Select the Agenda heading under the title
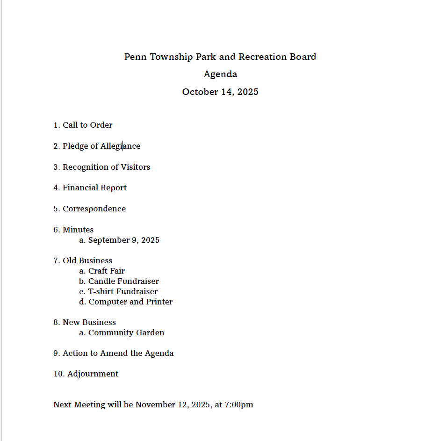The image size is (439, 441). [x=220, y=74]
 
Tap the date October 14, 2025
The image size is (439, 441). [x=220, y=92]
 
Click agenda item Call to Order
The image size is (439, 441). [x=87, y=125]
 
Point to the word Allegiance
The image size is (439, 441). [x=120, y=146]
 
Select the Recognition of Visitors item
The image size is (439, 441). [x=106, y=167]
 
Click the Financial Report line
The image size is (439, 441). [x=94, y=188]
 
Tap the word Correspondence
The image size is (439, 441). [x=94, y=209]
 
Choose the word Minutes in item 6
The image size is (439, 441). [x=78, y=230]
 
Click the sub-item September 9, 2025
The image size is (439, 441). [x=123, y=240]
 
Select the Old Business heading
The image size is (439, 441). [x=87, y=260]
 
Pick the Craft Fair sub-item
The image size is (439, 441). [x=107, y=271]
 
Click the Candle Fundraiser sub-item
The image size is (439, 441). [x=123, y=281]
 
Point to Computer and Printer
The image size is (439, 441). [x=130, y=302]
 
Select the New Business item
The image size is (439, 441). [x=89, y=322]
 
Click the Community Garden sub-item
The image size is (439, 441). [x=126, y=333]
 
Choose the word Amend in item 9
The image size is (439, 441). [x=114, y=353]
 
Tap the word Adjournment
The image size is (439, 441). [x=93, y=374]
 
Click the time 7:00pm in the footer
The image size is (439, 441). [x=239, y=405]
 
